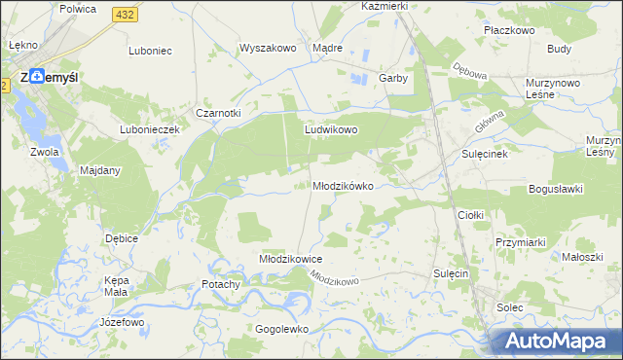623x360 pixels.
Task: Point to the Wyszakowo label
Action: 267,48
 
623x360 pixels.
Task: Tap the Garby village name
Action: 392,78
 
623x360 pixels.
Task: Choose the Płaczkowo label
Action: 510,30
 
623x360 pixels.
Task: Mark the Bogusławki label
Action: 555,189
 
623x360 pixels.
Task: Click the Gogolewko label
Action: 281,329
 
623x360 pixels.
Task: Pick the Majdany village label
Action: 99,171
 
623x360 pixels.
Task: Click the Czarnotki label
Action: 218,113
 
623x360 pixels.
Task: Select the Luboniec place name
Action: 150,50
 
